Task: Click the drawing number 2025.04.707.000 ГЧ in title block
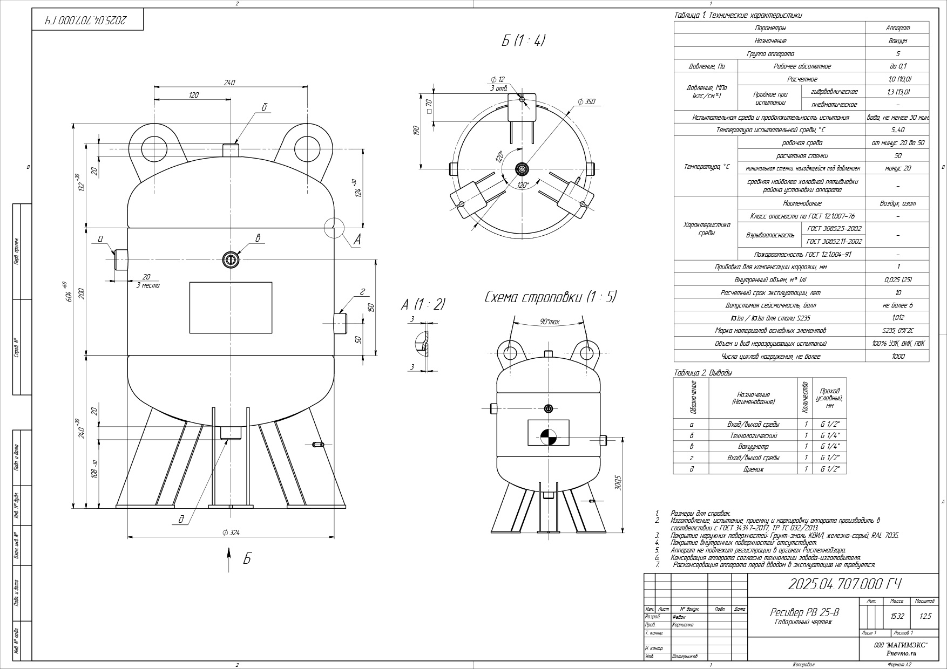tap(844, 584)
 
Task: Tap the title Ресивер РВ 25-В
tap(804, 612)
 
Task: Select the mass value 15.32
tap(897, 616)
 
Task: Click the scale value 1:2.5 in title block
tap(925, 616)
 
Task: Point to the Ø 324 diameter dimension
tap(231, 533)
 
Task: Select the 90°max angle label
tap(550, 322)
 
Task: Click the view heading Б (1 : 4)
tap(523, 40)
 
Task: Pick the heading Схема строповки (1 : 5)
tap(550, 297)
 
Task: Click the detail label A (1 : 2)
tap(423, 304)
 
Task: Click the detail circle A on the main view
tap(334, 228)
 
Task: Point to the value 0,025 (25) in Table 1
tap(897, 280)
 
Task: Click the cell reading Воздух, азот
tap(897, 203)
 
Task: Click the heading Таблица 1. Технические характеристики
tap(738, 16)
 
